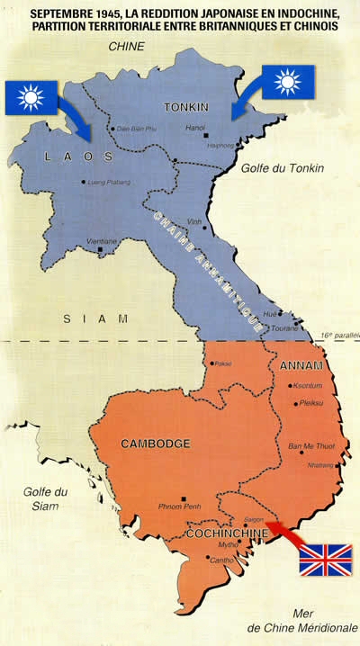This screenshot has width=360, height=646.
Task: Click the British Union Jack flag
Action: click(x=325, y=559)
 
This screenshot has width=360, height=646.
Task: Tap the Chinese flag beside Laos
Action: click(x=31, y=97)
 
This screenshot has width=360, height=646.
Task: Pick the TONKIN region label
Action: click(x=186, y=107)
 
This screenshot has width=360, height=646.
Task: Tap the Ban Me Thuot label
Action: click(x=306, y=446)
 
